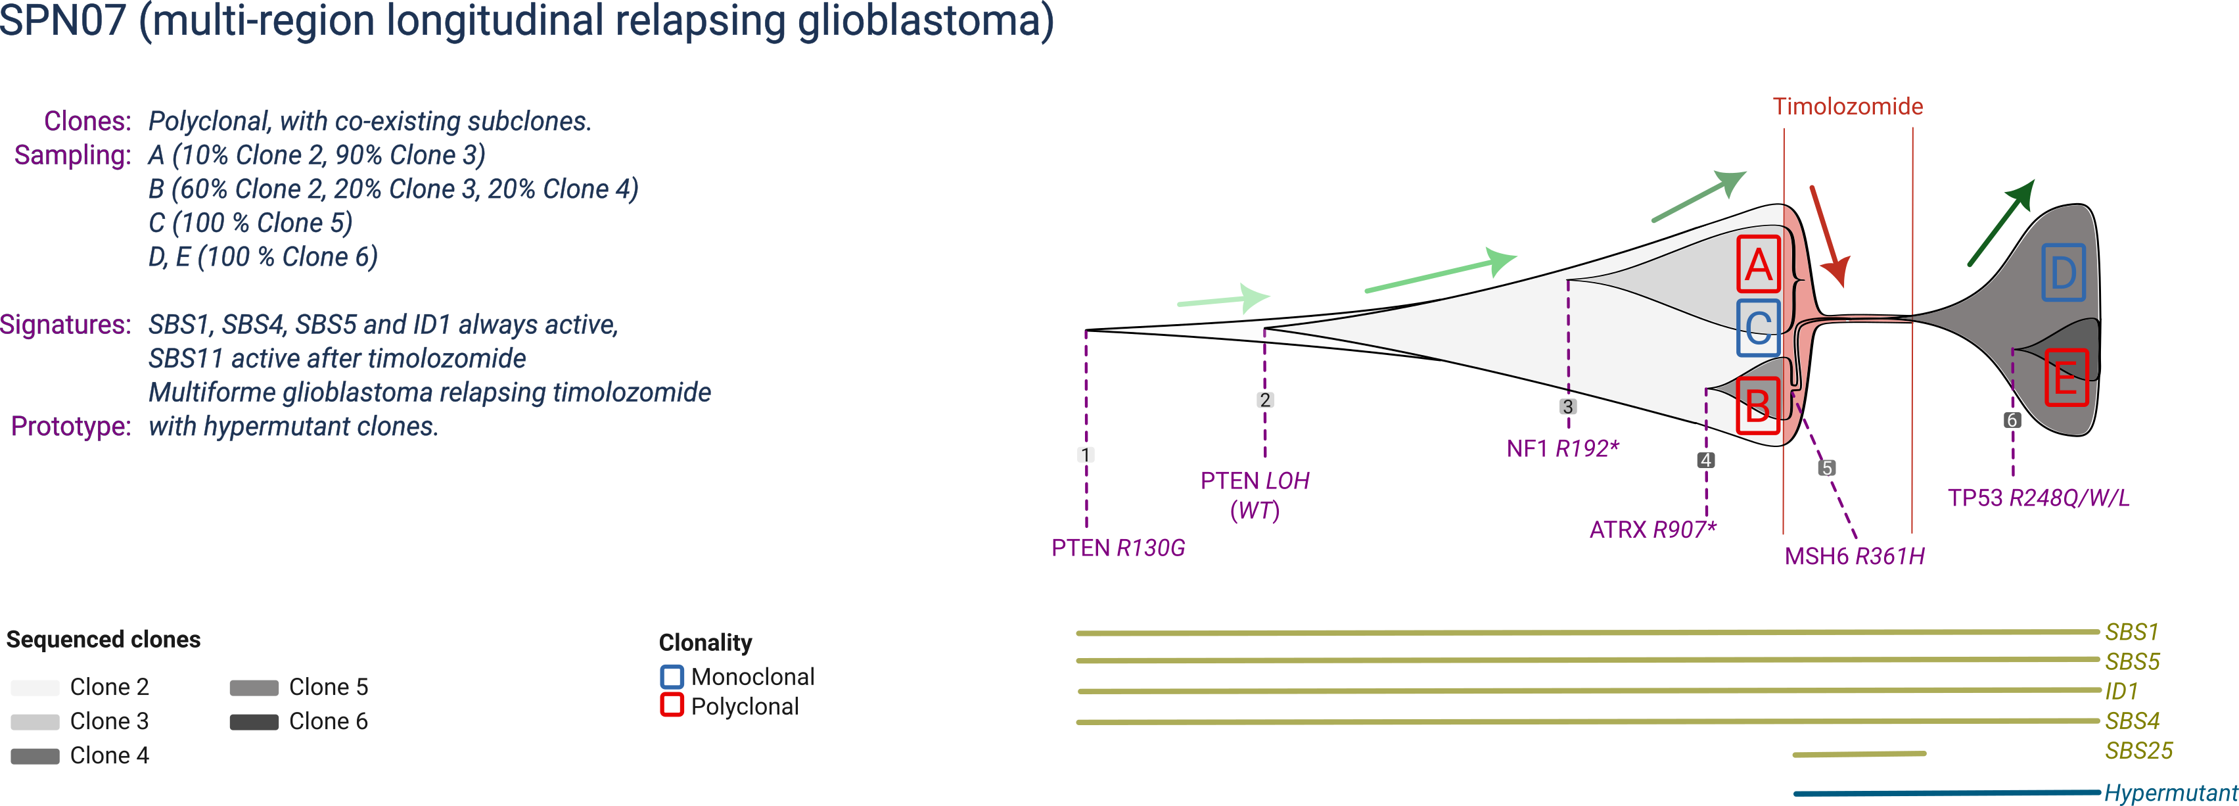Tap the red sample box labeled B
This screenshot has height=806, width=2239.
tap(1757, 405)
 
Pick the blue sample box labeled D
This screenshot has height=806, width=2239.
tap(2063, 273)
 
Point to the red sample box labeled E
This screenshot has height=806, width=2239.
tap(2065, 377)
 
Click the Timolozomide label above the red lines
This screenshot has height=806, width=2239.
tap(1847, 107)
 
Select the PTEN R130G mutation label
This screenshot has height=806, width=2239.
tap(1118, 548)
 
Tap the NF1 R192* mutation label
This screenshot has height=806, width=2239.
tap(1563, 448)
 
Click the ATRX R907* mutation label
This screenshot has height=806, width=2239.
tap(1652, 529)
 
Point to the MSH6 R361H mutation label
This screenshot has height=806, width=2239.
tap(1854, 556)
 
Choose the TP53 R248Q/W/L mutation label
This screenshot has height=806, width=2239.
tap(2038, 498)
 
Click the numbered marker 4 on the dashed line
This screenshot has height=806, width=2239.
tap(1706, 460)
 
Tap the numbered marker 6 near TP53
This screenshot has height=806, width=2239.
tap(2012, 420)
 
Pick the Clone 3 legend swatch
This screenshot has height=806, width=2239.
tap(35, 722)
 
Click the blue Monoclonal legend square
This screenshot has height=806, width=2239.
tap(672, 676)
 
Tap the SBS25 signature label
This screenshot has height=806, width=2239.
tap(2138, 751)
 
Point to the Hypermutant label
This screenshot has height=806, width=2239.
tap(2171, 793)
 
